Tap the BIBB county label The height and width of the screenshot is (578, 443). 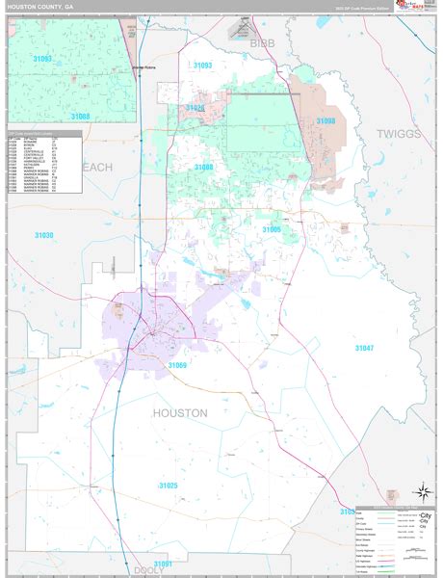coord(262,43)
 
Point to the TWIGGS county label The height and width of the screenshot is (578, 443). coord(399,134)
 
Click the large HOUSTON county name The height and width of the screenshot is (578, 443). coord(179,412)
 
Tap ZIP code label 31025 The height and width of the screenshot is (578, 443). coord(169,486)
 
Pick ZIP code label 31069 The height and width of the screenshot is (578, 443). coord(177,366)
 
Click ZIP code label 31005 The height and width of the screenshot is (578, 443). coord(272,229)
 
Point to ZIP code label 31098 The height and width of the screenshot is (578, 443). coord(326,120)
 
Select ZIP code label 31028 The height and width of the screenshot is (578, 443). coord(195,108)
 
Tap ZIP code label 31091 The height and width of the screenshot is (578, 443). coord(164,563)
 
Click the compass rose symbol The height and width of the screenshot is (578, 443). coord(421,491)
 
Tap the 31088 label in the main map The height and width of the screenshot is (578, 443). coord(204,167)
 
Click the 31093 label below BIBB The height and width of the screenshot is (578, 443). coord(202,65)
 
